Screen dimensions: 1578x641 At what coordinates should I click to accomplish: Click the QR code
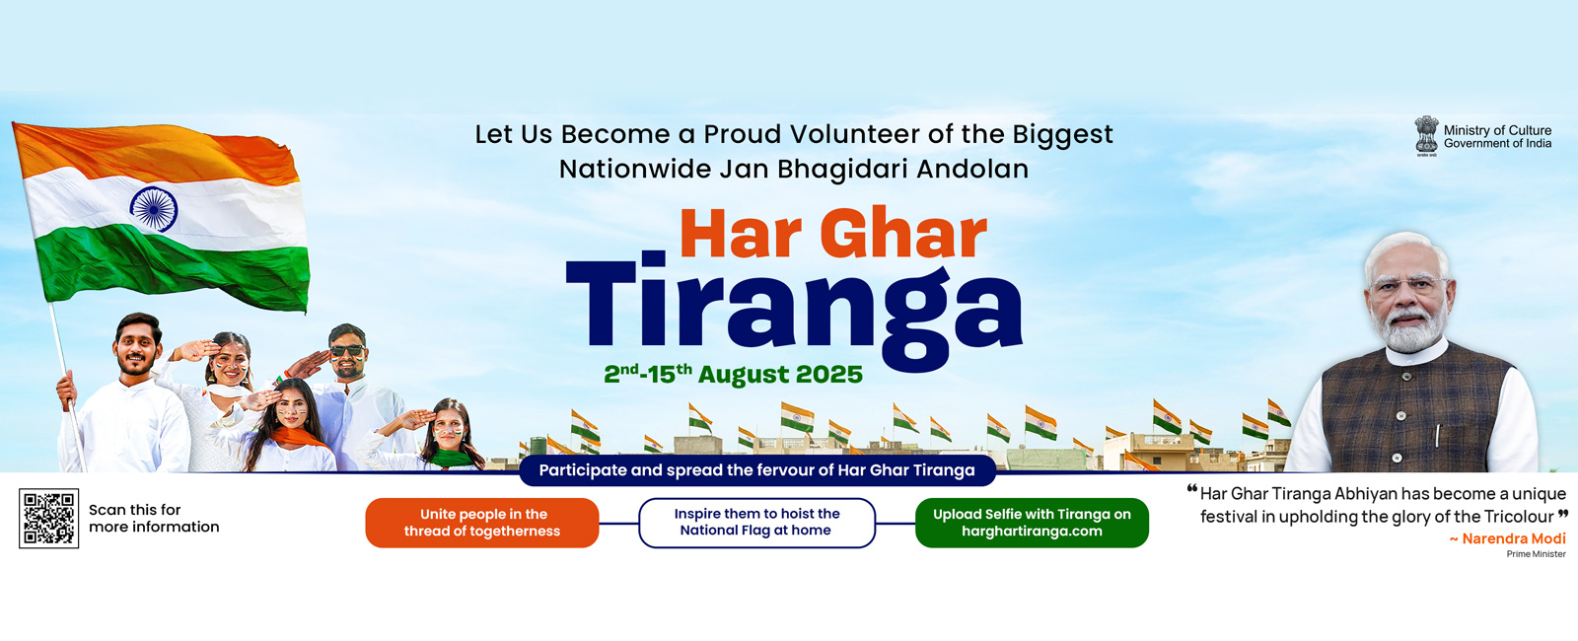tap(48, 519)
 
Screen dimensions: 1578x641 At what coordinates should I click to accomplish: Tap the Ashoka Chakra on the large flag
tap(154, 208)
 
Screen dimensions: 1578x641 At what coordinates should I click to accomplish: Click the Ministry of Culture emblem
tap(1426, 136)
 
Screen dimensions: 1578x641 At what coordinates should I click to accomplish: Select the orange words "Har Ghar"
tap(833, 235)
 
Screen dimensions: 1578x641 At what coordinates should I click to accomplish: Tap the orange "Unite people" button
tap(482, 523)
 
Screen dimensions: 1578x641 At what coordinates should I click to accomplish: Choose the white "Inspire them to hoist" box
tap(756, 523)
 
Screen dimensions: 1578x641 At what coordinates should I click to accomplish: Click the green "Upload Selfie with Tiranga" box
tap(1032, 523)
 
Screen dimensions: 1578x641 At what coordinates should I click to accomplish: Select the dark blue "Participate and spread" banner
tap(757, 470)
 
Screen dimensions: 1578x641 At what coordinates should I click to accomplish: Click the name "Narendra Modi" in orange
tap(1514, 538)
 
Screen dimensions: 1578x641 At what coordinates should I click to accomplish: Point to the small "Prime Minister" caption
tap(1537, 554)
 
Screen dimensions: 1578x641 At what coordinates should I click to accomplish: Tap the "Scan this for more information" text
tap(154, 519)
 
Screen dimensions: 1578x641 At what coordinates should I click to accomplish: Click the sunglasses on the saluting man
tap(347, 350)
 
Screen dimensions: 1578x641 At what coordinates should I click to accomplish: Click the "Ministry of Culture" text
tap(1498, 130)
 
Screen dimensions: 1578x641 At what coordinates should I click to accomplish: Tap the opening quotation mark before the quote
tap(1192, 489)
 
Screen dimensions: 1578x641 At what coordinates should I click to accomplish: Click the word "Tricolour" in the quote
tap(1519, 517)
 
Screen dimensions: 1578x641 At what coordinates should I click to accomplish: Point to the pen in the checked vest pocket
tap(1437, 435)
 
